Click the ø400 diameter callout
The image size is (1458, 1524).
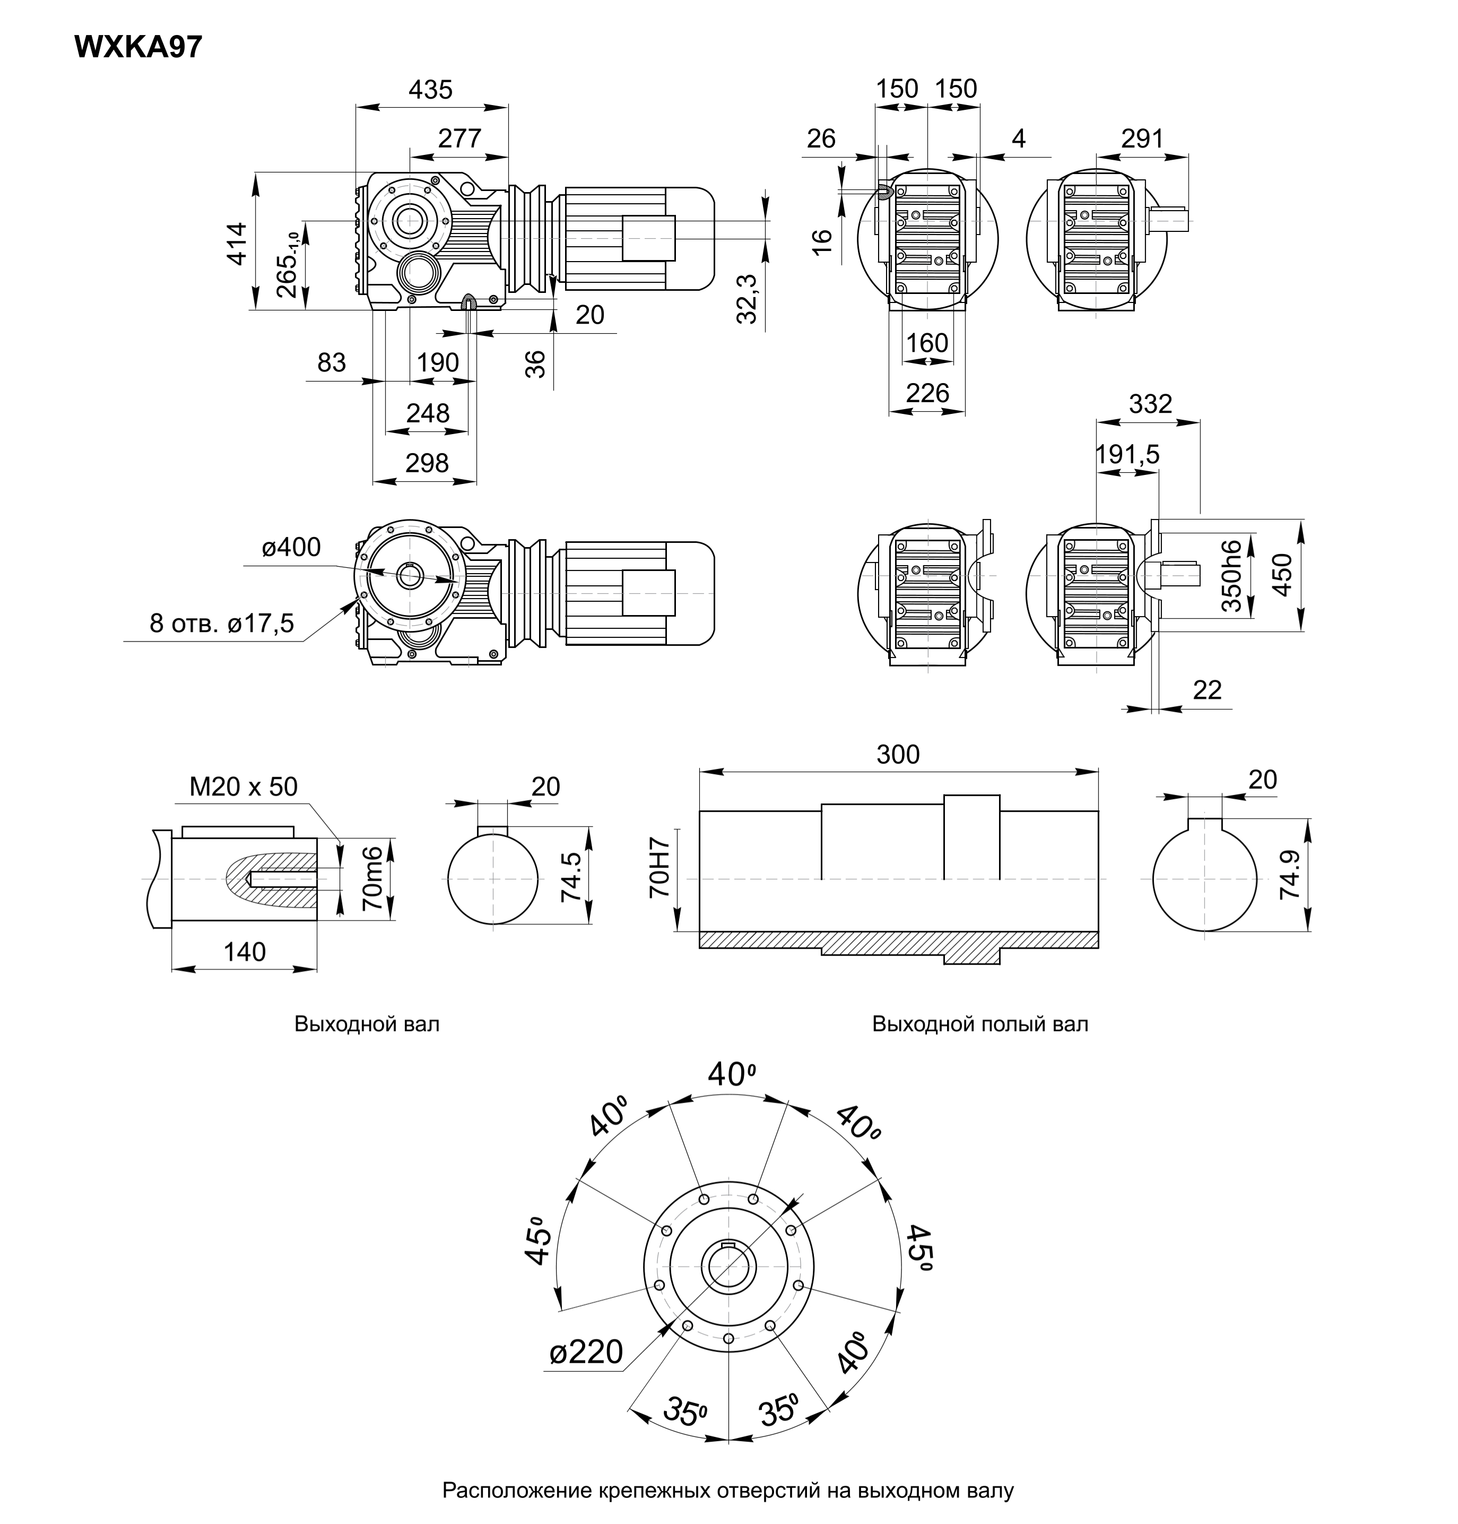tap(291, 548)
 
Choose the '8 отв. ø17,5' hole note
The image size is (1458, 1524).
tap(221, 624)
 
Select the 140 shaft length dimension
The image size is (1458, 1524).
tap(244, 952)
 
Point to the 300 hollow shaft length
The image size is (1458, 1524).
tap(898, 755)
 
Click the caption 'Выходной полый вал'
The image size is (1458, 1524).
tap(979, 1024)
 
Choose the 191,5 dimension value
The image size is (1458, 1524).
tap(1127, 455)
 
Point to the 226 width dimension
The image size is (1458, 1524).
tap(928, 393)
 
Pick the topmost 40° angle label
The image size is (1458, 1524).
tap(731, 1075)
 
